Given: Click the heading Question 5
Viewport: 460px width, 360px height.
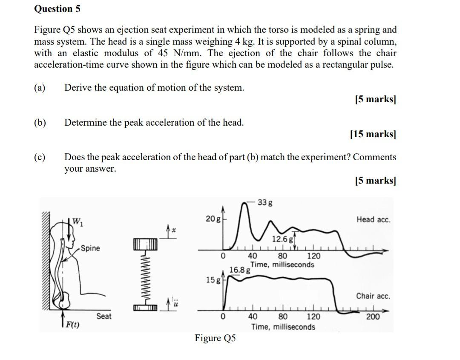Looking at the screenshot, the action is [x=57, y=9].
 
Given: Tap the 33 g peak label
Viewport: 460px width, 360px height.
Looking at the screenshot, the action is [x=265, y=202].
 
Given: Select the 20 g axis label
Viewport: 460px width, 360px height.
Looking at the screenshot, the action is [x=213, y=219].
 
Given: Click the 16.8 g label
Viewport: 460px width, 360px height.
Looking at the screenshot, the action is [x=239, y=270].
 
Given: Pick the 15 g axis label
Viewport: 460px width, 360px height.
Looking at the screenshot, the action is [x=213, y=280].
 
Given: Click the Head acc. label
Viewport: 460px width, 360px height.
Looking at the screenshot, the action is [x=373, y=219].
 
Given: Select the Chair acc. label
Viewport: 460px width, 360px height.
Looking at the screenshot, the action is [x=373, y=296].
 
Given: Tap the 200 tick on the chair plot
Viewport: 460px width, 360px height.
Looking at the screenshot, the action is [x=373, y=317].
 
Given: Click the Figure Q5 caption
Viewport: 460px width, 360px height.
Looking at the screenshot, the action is [x=215, y=338].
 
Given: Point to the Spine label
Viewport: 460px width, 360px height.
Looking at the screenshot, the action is [x=90, y=248].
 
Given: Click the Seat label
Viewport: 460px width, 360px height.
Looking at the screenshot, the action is [x=104, y=316].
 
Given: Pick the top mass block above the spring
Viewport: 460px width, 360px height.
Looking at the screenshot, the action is [x=145, y=245].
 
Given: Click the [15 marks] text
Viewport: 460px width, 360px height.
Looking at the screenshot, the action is [x=373, y=134].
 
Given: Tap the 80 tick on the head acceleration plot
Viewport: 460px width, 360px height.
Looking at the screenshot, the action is [x=282, y=256].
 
